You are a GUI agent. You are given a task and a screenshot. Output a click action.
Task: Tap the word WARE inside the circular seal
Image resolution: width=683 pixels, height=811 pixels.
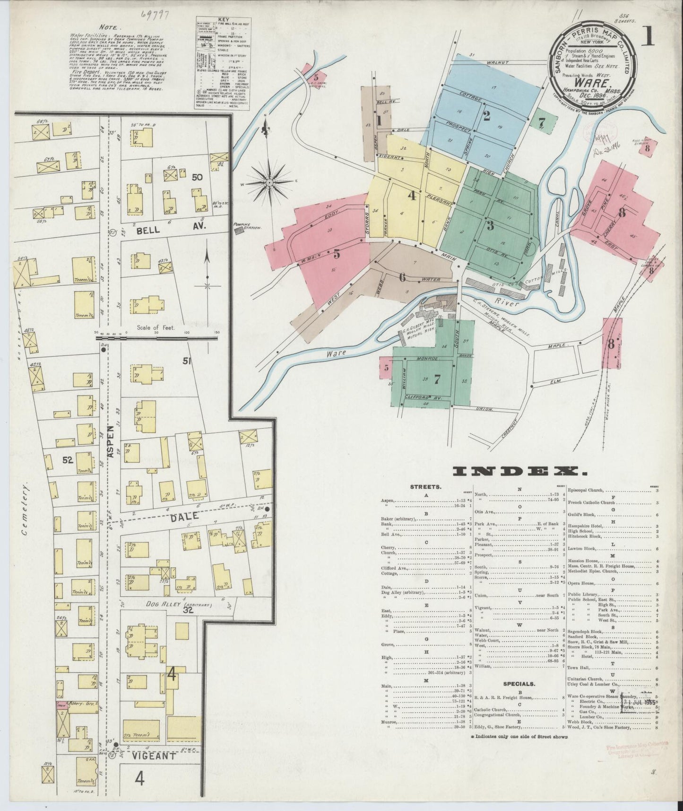click(x=585, y=79)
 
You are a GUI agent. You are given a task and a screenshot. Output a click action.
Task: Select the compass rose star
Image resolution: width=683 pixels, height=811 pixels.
click(x=269, y=182)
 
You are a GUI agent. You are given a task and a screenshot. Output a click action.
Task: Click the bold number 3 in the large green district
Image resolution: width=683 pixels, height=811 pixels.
click(x=491, y=226)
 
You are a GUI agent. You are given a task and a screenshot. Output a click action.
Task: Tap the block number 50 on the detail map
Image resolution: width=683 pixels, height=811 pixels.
click(x=197, y=178)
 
